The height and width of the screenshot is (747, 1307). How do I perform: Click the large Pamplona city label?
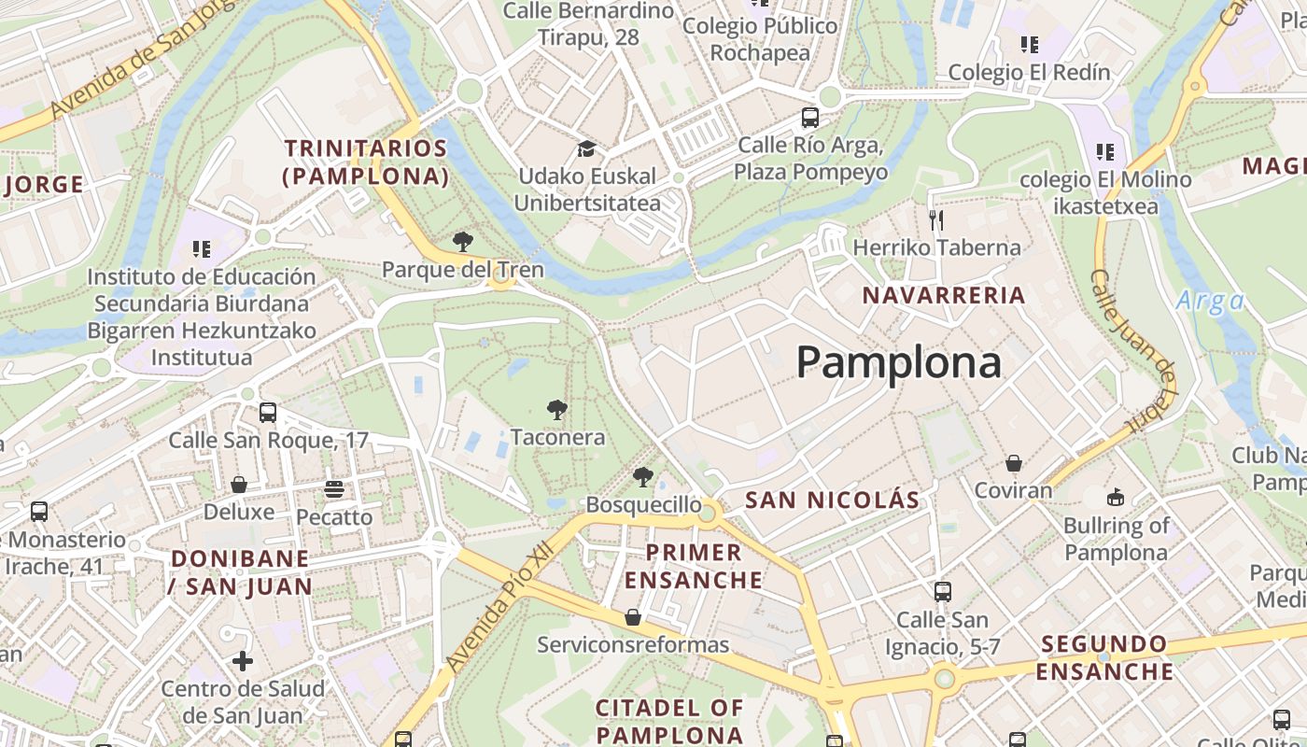pos(899,362)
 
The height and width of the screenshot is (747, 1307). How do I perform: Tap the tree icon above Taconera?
pos(557,410)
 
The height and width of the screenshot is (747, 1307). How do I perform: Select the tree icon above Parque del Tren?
pos(462,243)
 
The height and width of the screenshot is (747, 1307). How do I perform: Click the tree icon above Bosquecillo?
pos(642,477)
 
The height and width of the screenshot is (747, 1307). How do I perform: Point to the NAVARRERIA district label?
pos(944,296)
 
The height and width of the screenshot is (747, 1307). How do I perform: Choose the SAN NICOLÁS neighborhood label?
pos(832,500)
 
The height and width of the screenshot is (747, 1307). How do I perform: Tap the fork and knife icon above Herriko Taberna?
pos(936,220)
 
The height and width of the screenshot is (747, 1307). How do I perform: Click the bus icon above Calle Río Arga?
pos(809,119)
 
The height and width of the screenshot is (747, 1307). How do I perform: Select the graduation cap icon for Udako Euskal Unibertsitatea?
pos(586,149)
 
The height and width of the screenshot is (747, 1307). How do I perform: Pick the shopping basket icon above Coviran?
pos(1013,463)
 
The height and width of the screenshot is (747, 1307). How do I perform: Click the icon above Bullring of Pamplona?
pos(1116,497)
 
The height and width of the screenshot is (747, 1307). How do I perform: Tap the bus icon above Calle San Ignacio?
pos(942,591)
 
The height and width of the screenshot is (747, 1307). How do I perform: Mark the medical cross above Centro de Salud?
pos(243,662)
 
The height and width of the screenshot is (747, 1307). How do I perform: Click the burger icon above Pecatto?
pos(334,488)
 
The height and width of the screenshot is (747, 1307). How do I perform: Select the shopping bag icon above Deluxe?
pos(239,485)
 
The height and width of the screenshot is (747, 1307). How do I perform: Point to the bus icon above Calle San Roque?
pos(268,412)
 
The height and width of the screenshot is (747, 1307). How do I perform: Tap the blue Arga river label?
pos(1210,301)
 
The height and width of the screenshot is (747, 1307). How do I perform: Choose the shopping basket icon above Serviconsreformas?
pos(633,617)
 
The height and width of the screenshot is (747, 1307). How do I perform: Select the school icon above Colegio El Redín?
pos(1030,44)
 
